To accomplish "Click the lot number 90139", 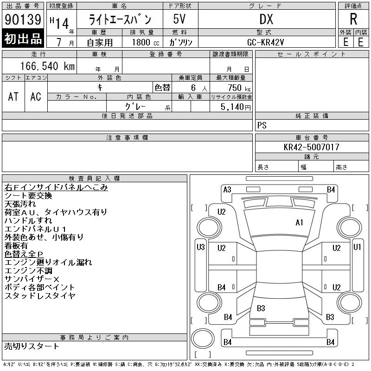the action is (23, 19).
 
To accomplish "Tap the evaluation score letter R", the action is (353, 19).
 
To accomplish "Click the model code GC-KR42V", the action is (266, 42).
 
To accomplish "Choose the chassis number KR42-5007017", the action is (312, 147).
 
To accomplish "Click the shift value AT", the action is (13, 96).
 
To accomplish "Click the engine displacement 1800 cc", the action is (144, 42).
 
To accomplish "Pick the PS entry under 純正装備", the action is (262, 126).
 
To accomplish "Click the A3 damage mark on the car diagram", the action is (227, 189).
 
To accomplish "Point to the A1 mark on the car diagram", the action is (300, 223).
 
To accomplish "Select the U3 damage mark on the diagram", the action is (200, 247).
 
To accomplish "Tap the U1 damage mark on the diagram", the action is (357, 247).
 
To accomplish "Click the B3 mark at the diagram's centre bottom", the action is (261, 308).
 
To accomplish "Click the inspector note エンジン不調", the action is (28, 271).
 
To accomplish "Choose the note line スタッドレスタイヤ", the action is (39, 295).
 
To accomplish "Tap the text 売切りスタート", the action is (32, 346).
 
